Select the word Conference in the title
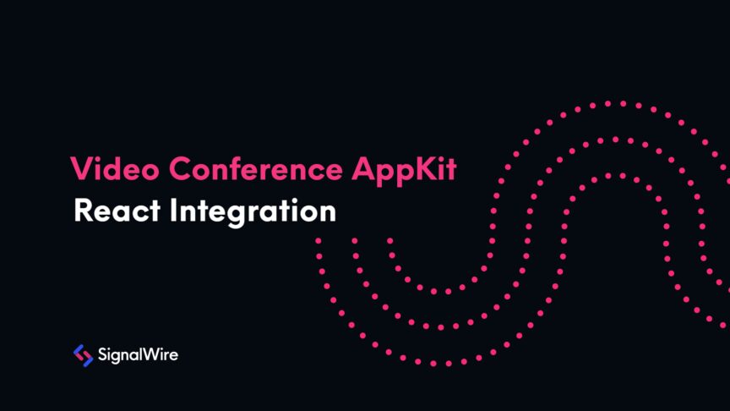click(246, 169)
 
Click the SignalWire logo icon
click(83, 355)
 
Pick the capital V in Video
click(80, 169)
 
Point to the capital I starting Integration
click(156, 211)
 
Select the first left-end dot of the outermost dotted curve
click(319, 240)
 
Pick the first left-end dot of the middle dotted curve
click(354, 240)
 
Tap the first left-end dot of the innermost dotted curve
click(390, 240)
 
